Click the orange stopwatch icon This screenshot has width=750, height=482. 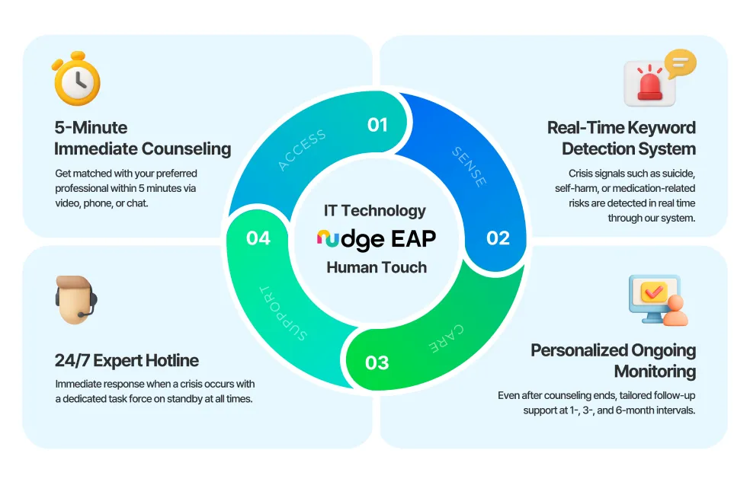click(x=77, y=80)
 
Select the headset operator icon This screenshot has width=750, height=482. click(x=76, y=300)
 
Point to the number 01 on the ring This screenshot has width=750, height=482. click(x=378, y=125)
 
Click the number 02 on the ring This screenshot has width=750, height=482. click(x=498, y=238)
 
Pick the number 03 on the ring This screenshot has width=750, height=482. click(x=377, y=362)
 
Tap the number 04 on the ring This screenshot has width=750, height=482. click(x=258, y=238)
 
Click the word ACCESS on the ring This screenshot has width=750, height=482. click(x=302, y=149)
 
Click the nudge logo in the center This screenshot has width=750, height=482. click(x=350, y=239)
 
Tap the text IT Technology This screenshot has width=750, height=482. click(x=375, y=211)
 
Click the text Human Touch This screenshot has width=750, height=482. click(x=377, y=267)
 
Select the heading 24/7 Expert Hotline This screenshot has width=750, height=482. click(x=127, y=361)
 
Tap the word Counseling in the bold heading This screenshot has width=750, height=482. click(x=182, y=148)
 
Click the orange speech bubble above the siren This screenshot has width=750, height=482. click(x=678, y=63)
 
